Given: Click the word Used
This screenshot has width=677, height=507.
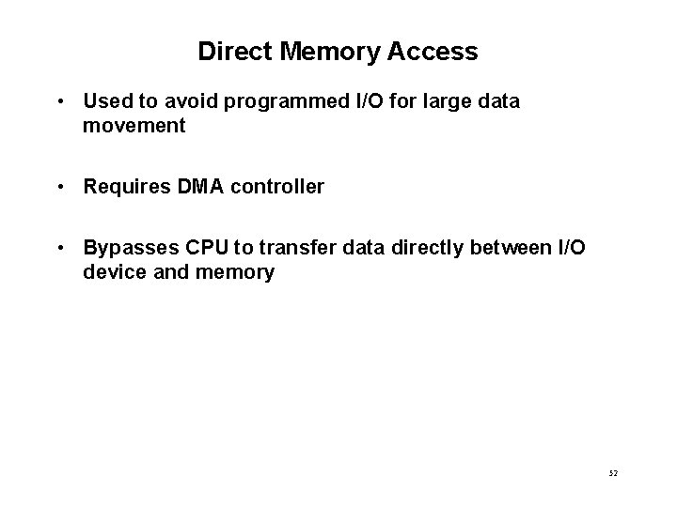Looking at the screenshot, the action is pos(105,100).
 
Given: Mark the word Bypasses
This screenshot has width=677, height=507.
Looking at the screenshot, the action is pos(125,249).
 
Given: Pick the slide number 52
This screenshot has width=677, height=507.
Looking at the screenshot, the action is pos(613,475).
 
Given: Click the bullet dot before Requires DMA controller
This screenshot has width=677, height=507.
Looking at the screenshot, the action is pos(59,187).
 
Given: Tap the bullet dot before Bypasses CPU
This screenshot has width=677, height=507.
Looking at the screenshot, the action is pos(59,249).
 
